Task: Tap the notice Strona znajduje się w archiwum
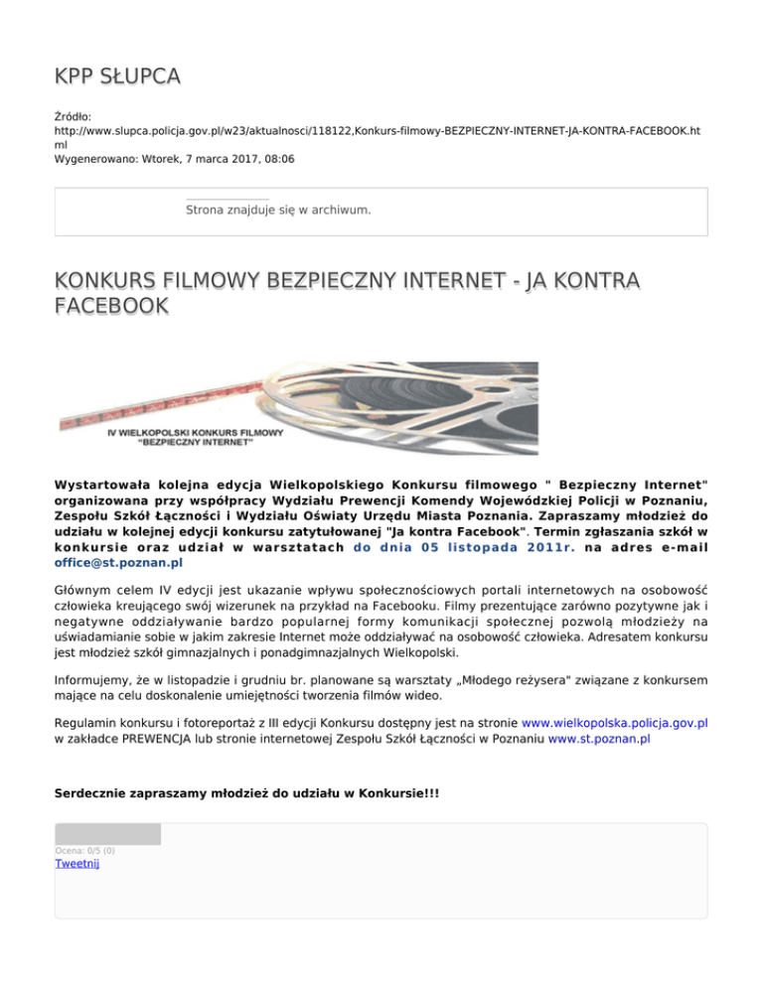tap(278, 211)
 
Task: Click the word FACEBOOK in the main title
tap(111, 308)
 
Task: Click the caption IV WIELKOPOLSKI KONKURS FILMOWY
tap(195, 433)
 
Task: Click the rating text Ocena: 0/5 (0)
tap(84, 851)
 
